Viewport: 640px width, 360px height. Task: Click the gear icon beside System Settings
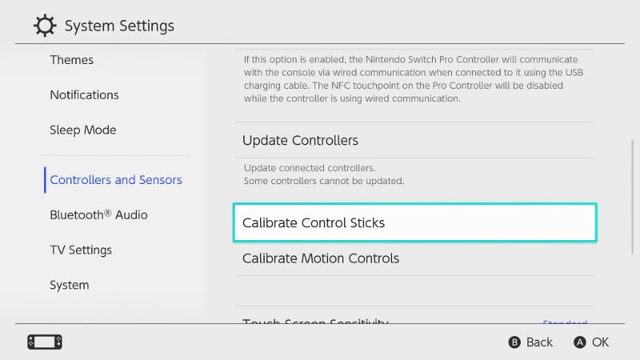45,26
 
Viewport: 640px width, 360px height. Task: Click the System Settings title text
119,26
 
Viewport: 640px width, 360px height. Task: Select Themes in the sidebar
72,60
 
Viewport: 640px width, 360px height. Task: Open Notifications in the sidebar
84,94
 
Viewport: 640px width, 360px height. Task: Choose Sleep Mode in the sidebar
82,130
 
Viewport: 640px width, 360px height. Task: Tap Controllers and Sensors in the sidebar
116,180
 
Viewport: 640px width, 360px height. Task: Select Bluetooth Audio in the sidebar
98,214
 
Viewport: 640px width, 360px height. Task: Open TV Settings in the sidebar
81,250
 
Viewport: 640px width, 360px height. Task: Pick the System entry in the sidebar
70,285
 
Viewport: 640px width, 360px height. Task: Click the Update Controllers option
300,140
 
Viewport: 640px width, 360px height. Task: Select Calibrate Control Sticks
314,222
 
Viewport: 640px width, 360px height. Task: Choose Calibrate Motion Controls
321,258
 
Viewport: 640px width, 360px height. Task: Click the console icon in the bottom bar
45,342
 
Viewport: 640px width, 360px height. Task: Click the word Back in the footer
539,342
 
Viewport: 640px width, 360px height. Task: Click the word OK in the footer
600,342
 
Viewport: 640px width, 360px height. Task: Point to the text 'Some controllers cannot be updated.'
323,182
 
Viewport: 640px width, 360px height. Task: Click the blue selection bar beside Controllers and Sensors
45,180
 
